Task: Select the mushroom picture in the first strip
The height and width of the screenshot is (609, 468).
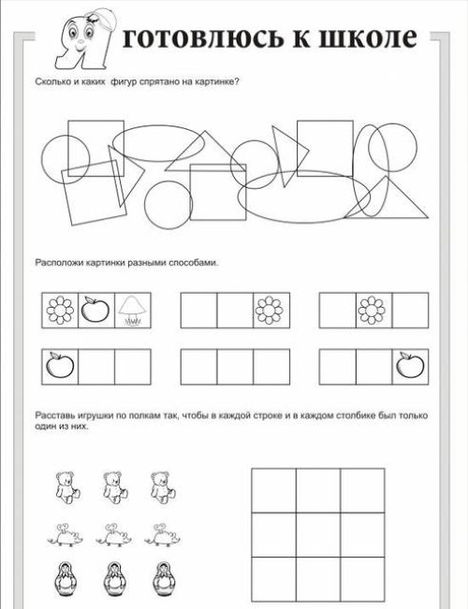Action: (x=133, y=311)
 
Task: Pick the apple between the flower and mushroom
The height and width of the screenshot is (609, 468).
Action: (x=95, y=310)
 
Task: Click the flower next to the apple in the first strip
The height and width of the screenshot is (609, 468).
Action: (x=60, y=311)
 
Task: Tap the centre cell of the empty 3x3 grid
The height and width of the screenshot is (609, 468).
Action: (x=318, y=535)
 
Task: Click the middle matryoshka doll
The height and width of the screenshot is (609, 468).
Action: (x=114, y=580)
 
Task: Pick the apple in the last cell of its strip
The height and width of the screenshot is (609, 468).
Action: (x=410, y=365)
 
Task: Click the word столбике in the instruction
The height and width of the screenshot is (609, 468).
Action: (x=356, y=416)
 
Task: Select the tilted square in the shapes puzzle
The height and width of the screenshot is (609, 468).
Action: (x=94, y=193)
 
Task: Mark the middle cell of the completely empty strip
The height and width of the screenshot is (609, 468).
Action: (x=235, y=367)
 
